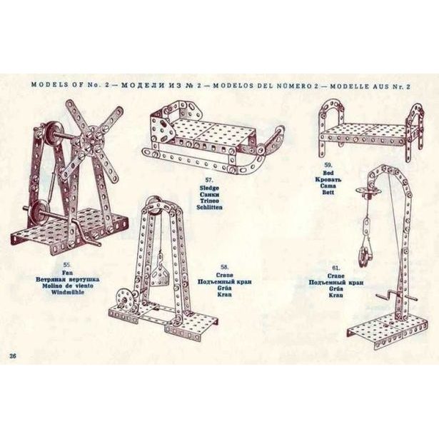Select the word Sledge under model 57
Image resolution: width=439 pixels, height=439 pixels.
point(209,188)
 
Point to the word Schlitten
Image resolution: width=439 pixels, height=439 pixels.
point(209,207)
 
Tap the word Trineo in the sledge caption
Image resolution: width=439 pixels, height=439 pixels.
point(209,201)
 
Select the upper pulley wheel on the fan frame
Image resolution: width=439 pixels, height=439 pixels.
point(50,133)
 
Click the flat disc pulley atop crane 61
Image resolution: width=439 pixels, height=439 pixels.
point(364,191)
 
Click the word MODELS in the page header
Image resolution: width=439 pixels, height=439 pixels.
point(47,84)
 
